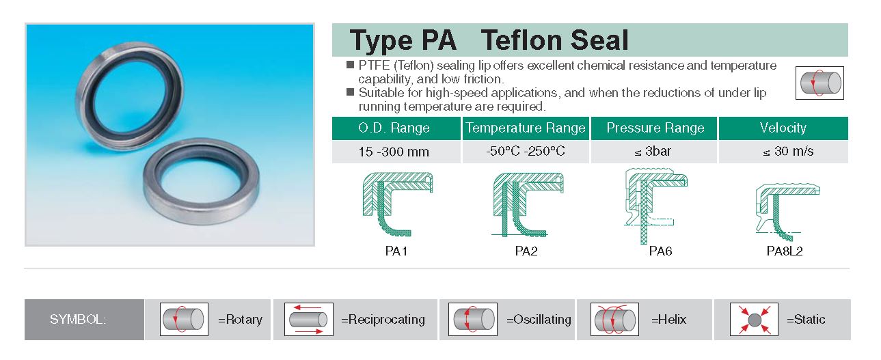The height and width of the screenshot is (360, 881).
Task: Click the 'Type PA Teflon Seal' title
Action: (x=489, y=40)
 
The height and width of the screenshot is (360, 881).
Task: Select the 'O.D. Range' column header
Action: (x=396, y=128)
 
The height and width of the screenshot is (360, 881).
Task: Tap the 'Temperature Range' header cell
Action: (x=526, y=128)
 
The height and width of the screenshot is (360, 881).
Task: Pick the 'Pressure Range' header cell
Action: (x=654, y=128)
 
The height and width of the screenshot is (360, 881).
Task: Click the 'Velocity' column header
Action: (x=783, y=128)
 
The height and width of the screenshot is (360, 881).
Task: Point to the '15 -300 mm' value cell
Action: (x=396, y=152)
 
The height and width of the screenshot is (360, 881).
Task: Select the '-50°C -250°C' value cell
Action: (x=526, y=152)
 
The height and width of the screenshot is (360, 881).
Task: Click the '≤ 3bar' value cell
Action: (x=654, y=152)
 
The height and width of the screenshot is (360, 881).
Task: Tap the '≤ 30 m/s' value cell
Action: (x=783, y=152)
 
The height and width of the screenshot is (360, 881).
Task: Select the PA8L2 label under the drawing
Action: (x=784, y=251)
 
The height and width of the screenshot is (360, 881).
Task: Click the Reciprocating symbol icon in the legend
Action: (x=309, y=319)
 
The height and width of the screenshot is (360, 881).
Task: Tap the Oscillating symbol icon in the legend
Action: (x=473, y=319)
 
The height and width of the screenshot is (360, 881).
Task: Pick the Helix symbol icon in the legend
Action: (x=614, y=319)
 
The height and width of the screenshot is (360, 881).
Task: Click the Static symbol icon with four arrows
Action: (x=754, y=319)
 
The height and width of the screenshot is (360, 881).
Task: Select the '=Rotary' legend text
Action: (x=240, y=320)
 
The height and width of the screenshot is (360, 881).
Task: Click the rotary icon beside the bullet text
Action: (x=819, y=83)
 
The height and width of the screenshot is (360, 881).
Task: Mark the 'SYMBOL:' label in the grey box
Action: (x=78, y=320)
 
